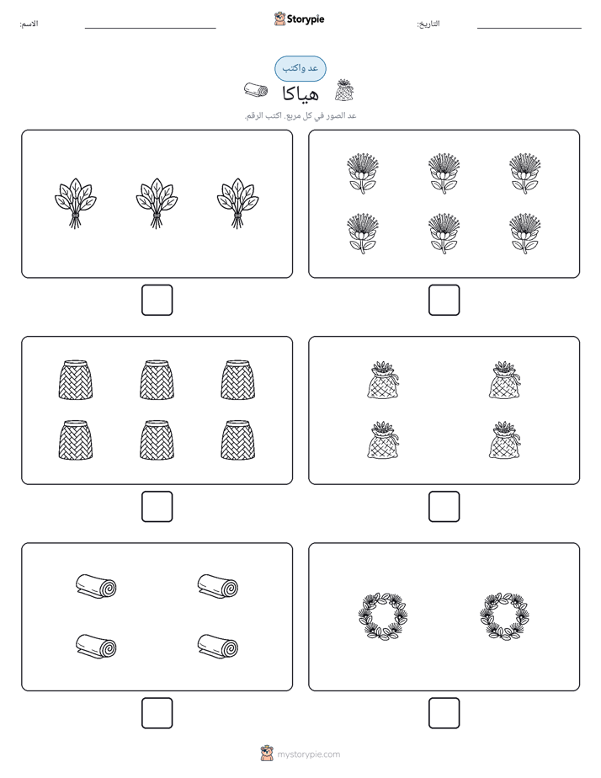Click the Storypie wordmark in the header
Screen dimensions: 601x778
pos(306,19)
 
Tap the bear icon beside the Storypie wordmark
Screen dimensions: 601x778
pos(279,19)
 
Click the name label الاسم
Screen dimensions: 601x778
pos(29,24)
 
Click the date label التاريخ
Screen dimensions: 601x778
pos(428,24)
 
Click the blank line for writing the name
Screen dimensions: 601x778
pos(150,29)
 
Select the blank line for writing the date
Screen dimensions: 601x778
pos(529,29)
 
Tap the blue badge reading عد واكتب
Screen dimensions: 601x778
pos(300,68)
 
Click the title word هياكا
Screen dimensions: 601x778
pos(300,93)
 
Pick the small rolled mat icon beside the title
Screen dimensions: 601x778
pos(256,90)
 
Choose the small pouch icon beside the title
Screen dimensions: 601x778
pos(344,90)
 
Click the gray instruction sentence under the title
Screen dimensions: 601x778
pos(300,115)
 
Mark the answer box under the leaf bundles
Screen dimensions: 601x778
pos(157,301)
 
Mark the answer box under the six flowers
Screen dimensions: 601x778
pos(444,301)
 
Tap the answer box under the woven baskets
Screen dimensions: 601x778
pos(157,507)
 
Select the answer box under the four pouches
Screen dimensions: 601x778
pos(444,507)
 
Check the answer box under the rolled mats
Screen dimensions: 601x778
pos(157,713)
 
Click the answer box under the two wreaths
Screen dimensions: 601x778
pos(444,713)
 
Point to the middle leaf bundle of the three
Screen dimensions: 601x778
pos(157,203)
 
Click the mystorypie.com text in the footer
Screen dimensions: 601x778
pos(308,754)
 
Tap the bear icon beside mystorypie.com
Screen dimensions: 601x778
pos(267,754)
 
